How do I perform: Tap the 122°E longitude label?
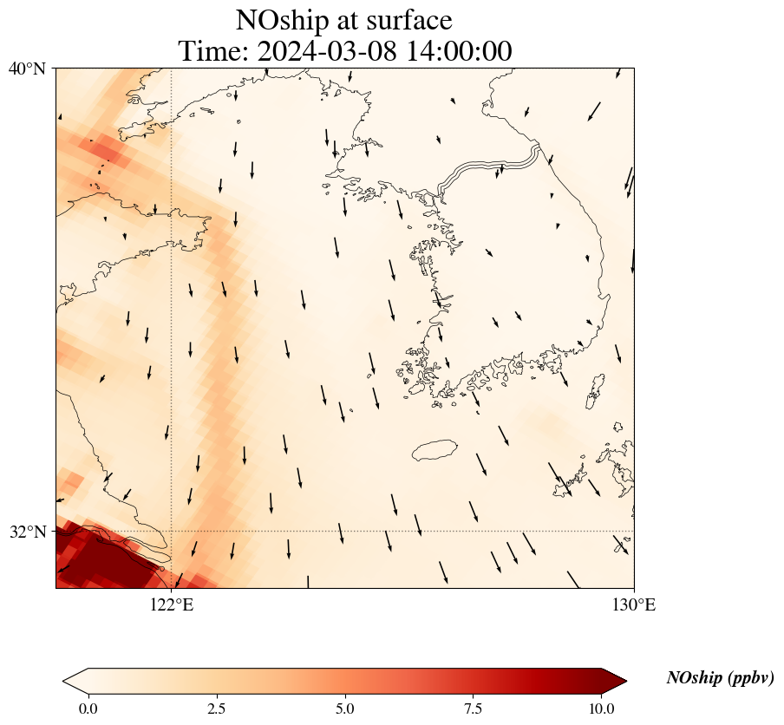(172, 604)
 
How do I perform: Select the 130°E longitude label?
(634, 604)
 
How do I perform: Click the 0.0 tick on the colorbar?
(88, 709)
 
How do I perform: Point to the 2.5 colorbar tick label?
(216, 709)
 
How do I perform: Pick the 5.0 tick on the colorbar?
(345, 709)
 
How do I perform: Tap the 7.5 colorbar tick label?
(474, 709)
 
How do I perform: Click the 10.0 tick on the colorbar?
(602, 709)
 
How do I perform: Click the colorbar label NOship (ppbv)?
(720, 678)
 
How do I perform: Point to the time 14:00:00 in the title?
(459, 51)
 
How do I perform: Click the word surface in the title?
(407, 20)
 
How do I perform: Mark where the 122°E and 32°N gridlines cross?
(172, 531)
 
